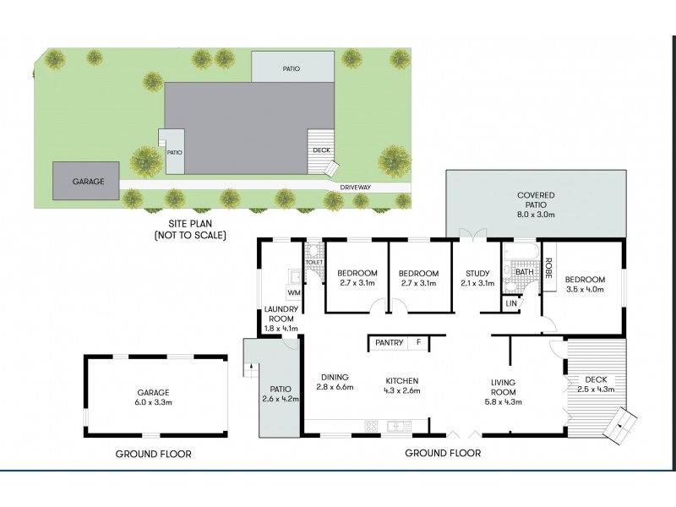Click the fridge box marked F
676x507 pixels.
417,342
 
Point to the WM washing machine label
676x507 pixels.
293,293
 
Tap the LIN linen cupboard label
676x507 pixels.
510,303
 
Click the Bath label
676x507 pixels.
524,272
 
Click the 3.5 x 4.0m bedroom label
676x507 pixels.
586,285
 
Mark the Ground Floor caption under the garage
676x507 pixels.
153,454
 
